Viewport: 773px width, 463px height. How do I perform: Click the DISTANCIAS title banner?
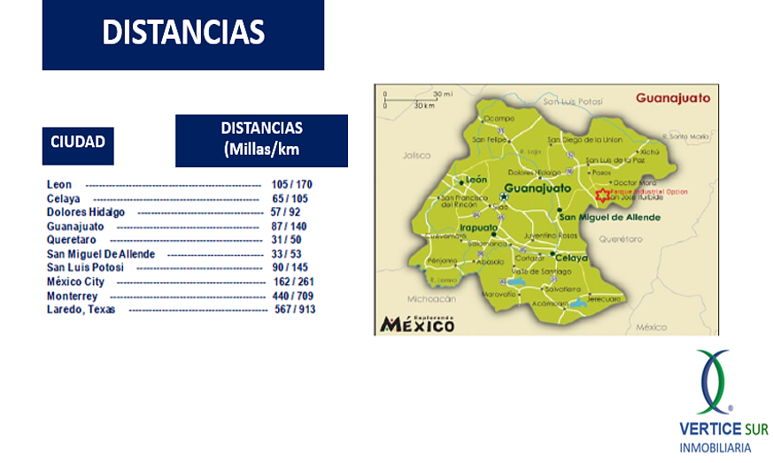coord(182,34)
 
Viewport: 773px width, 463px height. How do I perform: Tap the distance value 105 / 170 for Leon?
coord(291,184)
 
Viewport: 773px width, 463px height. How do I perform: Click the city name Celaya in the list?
coord(64,198)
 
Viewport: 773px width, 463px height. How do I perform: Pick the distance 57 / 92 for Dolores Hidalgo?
coord(285,212)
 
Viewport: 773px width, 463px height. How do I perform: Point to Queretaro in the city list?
coord(72,240)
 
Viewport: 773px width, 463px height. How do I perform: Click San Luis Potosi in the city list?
coord(85,267)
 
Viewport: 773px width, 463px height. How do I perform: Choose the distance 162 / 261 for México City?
coord(294,282)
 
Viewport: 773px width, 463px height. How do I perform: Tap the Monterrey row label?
coord(72,296)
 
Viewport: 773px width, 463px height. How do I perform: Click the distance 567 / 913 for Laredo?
coord(295,309)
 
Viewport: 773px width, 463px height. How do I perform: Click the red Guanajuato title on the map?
coord(672,97)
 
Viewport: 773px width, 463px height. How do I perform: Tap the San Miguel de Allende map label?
coord(609,217)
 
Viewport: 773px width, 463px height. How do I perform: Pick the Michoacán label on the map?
coord(429,299)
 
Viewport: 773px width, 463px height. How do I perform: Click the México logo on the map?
coord(417,324)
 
